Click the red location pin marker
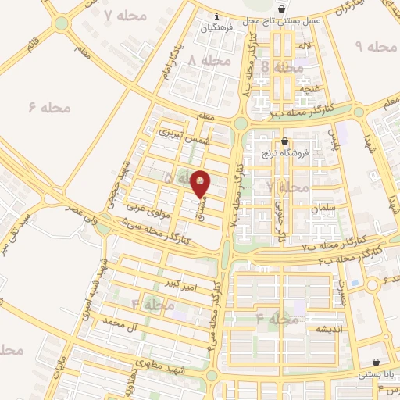pyautogui.click(x=201, y=184)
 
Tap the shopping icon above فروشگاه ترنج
pyautogui.click(x=284, y=141)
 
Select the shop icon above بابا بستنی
pyautogui.click(x=378, y=362)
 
